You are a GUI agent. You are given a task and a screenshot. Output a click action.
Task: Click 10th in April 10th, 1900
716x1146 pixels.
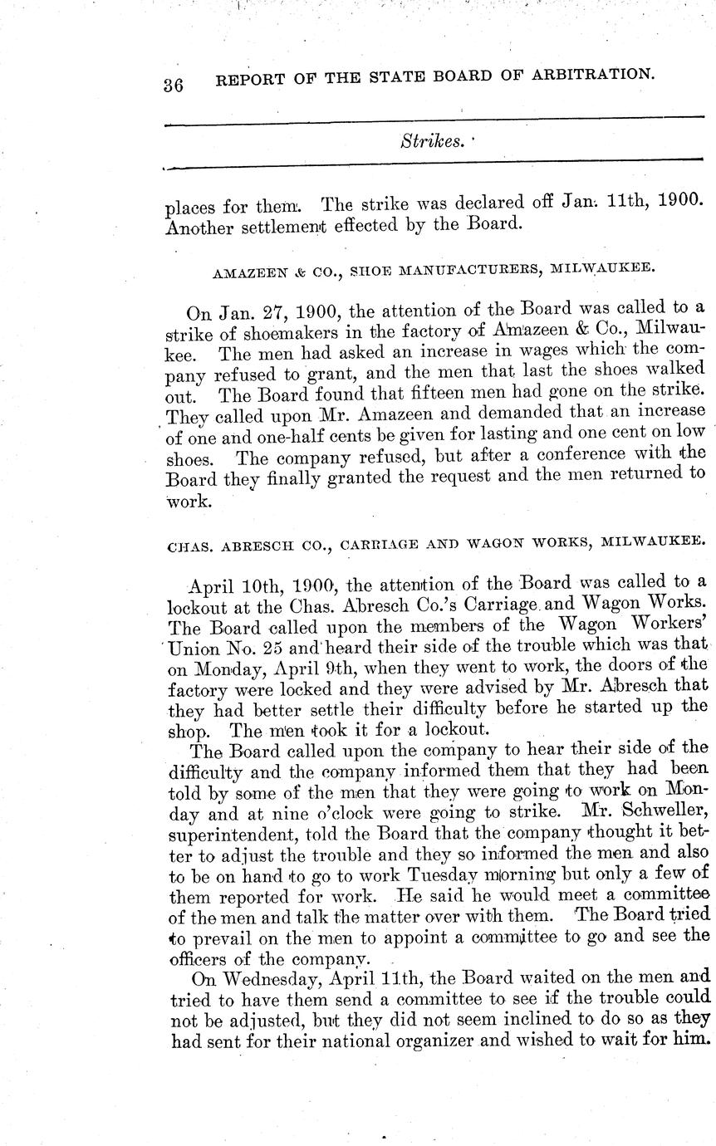click(x=265, y=585)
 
